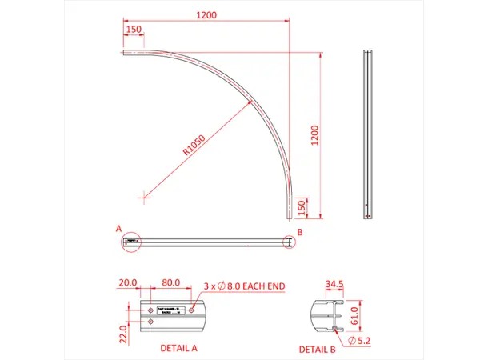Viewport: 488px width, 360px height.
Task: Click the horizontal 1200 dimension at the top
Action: [x=206, y=15]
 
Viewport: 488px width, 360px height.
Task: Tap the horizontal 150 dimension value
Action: [x=134, y=30]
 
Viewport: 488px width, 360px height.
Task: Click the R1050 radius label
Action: [x=195, y=143]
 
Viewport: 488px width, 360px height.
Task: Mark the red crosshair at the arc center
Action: [x=142, y=194]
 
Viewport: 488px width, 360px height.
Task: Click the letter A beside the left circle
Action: [x=119, y=229]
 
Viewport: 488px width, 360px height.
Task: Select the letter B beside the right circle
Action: [x=299, y=232]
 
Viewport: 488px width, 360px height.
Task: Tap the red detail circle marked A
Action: [x=131, y=241]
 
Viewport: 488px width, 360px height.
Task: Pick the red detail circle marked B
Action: [x=290, y=242]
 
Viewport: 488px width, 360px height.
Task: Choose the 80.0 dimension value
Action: [x=170, y=283]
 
